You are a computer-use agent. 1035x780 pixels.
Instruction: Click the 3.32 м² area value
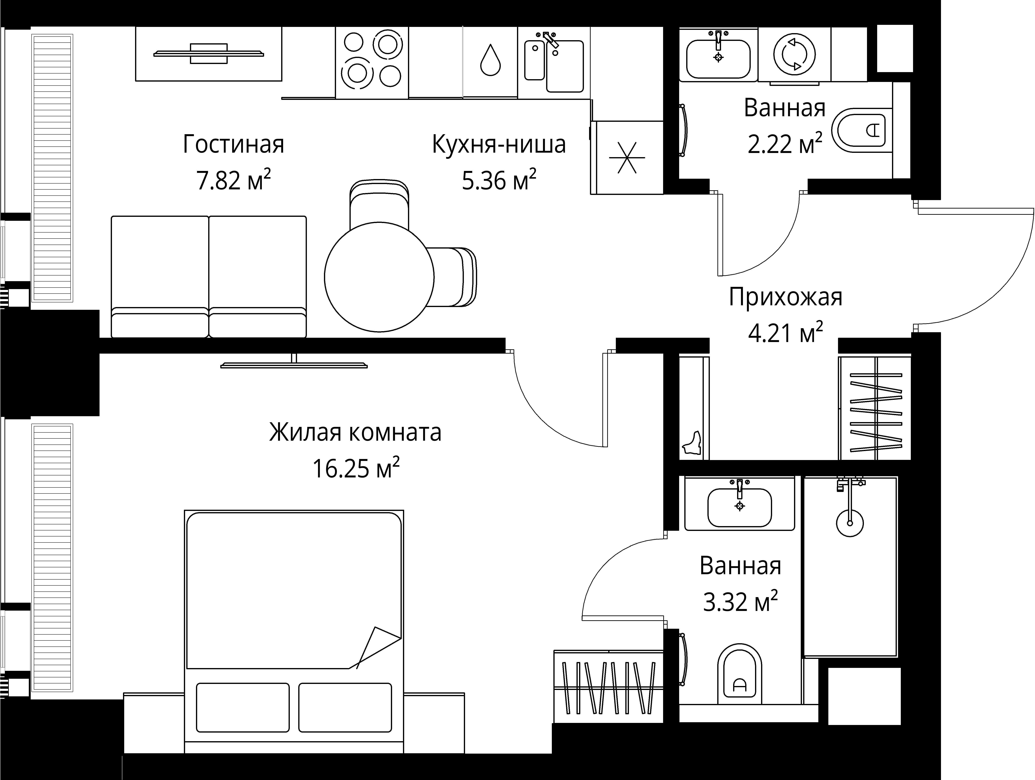point(740,602)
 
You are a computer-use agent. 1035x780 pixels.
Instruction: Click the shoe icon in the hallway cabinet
point(692,443)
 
